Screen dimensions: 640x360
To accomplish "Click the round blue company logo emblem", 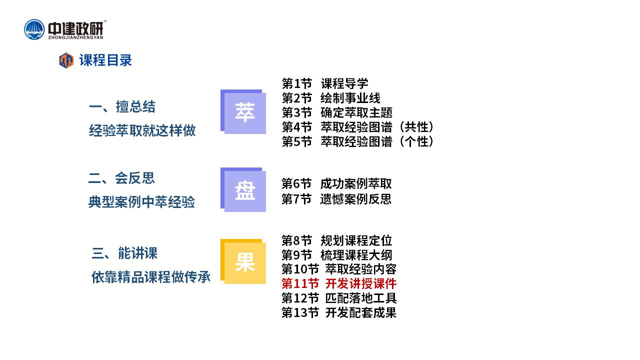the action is click(34, 29).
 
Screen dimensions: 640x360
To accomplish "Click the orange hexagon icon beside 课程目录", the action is click(66, 60).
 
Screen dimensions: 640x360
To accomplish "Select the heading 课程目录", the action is click(105, 60).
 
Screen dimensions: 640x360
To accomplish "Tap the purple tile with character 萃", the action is click(243, 111).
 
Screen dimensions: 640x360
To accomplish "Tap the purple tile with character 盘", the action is click(243, 189).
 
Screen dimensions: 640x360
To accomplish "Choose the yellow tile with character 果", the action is click(243, 261).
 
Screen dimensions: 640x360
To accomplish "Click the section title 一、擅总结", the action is click(122, 107).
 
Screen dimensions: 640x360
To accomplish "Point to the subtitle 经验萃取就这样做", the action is click(142, 130).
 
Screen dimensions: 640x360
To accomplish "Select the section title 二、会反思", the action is click(121, 178).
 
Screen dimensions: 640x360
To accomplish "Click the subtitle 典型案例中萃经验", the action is click(141, 202).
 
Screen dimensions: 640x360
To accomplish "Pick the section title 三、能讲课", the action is click(124, 253).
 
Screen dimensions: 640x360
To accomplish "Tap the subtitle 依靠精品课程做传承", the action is click(151, 277).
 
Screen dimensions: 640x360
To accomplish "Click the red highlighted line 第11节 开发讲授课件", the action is click(339, 283).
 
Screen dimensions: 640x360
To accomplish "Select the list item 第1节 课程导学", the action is click(325, 83).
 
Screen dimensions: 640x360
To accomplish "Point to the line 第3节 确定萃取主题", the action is click(337, 112).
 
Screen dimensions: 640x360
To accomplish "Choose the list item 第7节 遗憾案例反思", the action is click(336, 199).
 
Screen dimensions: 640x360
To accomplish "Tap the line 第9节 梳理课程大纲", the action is click(337, 255).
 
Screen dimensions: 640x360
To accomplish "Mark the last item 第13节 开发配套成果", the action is click(339, 312).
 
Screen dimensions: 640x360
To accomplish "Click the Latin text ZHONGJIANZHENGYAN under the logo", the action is click(75, 37).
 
